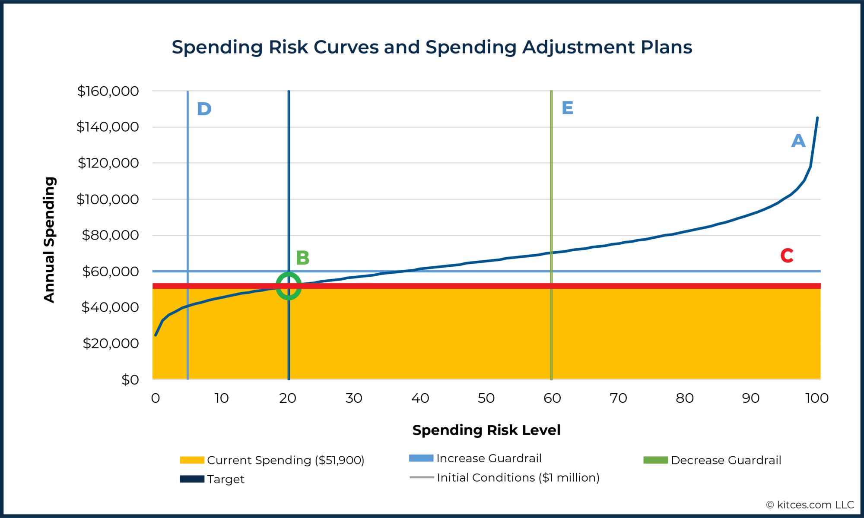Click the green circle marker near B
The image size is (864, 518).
pyautogui.click(x=289, y=286)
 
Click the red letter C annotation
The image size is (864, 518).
pyautogui.click(x=787, y=256)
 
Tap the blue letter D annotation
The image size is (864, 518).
pyautogui.click(x=204, y=109)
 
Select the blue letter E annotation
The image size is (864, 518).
pyautogui.click(x=567, y=108)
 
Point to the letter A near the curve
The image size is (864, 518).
pyautogui.click(x=798, y=141)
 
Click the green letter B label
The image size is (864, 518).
pyautogui.click(x=302, y=258)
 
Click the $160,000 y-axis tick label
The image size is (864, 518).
pyautogui.click(x=108, y=91)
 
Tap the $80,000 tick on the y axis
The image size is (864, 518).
pyautogui.click(x=111, y=235)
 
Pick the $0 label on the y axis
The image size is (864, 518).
pyautogui.click(x=130, y=380)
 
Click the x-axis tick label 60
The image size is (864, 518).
pyautogui.click(x=552, y=398)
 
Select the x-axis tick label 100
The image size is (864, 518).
pyautogui.click(x=816, y=398)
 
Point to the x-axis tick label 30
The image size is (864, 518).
pyautogui.click(x=354, y=398)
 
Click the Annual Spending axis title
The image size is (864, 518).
pyautogui.click(x=50, y=240)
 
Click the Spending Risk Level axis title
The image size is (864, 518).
pyautogui.click(x=486, y=430)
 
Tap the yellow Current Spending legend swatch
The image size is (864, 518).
pyautogui.click(x=192, y=460)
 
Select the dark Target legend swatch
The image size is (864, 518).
pyautogui.click(x=192, y=479)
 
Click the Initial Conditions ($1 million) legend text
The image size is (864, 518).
pyautogui.click(x=518, y=477)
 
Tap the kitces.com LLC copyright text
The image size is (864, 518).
pyautogui.click(x=810, y=505)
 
